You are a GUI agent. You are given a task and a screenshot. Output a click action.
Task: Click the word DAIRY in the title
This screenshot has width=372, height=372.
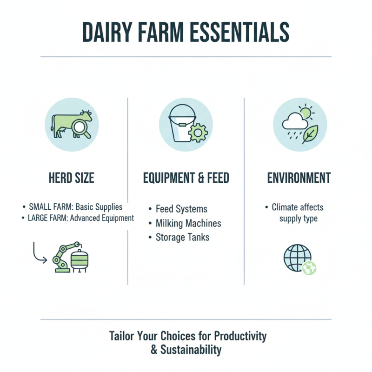pyautogui.click(x=110, y=32)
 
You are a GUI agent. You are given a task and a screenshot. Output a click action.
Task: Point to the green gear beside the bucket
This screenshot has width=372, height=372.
pyautogui.click(x=199, y=133)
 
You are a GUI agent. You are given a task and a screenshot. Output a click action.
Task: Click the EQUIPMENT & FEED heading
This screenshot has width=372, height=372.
pyautogui.click(x=186, y=178)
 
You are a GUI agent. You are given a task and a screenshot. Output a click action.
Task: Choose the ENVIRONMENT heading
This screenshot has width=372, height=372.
pyautogui.click(x=299, y=178)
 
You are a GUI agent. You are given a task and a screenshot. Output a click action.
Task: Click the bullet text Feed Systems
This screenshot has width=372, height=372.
pyautogui.click(x=181, y=209)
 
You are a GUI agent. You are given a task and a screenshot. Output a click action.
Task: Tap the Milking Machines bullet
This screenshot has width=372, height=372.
pyautogui.click(x=188, y=223)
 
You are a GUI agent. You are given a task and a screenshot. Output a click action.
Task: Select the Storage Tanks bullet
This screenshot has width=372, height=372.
pyautogui.click(x=182, y=237)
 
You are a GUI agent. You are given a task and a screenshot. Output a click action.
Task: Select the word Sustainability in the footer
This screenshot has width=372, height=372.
pyautogui.click(x=191, y=350)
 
